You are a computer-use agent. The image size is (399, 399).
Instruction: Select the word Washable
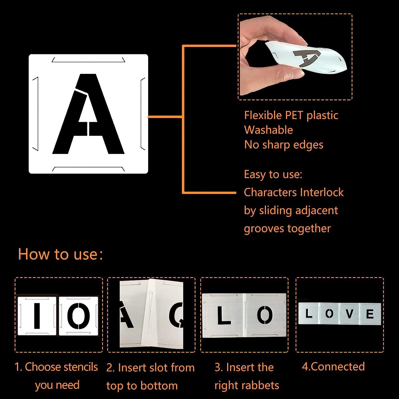pyautogui.click(x=268, y=130)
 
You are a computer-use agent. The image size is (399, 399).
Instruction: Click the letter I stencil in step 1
pyautogui.click(x=37, y=316)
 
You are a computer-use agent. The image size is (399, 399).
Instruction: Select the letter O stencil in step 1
pyautogui.click(x=78, y=316)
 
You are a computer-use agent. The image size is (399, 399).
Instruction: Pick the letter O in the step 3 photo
pyautogui.click(x=265, y=315)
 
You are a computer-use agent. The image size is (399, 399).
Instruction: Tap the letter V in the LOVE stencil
pyautogui.click(x=349, y=314)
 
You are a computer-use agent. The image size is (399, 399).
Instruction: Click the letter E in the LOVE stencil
pyautogui.click(x=370, y=314)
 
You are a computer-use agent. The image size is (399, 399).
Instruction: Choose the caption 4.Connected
pyautogui.click(x=333, y=367)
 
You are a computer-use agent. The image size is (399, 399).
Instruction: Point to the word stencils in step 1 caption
pyautogui.click(x=80, y=367)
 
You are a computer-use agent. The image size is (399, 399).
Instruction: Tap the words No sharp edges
pyautogui.click(x=284, y=145)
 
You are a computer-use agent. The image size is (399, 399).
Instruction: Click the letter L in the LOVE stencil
pyautogui.click(x=309, y=314)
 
